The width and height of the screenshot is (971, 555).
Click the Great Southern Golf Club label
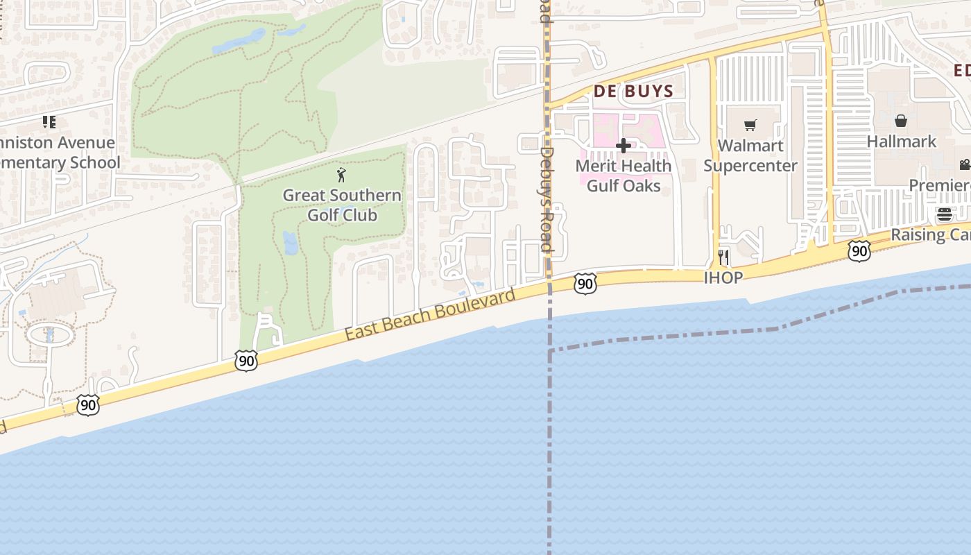point(342,205)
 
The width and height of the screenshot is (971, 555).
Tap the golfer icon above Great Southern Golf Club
point(341,175)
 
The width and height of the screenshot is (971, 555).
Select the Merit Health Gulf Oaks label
point(624,176)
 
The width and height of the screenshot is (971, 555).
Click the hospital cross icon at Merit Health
point(624,146)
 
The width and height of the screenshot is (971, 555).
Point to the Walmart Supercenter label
point(750,155)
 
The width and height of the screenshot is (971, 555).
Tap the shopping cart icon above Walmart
point(750,126)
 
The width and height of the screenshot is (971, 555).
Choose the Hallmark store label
point(901,142)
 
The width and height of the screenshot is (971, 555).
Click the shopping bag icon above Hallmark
point(901,121)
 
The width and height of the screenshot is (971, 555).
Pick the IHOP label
point(723,277)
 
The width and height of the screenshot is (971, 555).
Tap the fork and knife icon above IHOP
point(723,257)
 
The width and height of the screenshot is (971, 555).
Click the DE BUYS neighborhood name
point(634,91)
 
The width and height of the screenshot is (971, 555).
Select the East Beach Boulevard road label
point(431,314)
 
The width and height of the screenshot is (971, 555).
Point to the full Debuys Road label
point(546,199)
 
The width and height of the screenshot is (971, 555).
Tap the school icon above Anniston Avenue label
point(49,123)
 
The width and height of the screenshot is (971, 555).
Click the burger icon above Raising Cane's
point(944,214)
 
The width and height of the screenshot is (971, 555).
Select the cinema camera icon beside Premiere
point(964,164)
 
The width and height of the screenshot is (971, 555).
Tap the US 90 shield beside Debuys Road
point(585,283)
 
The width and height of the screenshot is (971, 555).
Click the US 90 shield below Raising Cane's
point(859,250)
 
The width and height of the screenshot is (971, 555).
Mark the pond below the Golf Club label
point(290,242)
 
